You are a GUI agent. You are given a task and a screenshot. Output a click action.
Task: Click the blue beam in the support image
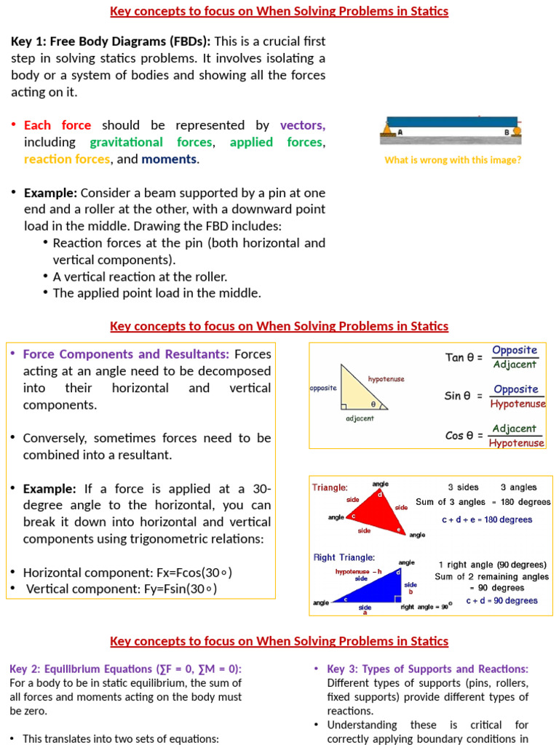tap(451, 121)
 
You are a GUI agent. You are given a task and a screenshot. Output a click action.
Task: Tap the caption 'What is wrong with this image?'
tap(453, 160)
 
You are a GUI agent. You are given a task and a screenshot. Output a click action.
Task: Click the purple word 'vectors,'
tap(302, 125)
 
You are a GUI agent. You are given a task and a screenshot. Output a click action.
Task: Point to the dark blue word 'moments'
tap(169, 159)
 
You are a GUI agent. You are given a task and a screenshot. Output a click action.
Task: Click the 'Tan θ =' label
tap(464, 357)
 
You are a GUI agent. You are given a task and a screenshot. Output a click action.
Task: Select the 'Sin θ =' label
tap(464, 396)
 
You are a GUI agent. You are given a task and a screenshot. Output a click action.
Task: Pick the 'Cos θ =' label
tap(464, 436)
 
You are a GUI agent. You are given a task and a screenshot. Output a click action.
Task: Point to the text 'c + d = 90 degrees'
tap(501, 600)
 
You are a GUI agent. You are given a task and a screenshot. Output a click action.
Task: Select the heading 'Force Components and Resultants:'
tap(126, 354)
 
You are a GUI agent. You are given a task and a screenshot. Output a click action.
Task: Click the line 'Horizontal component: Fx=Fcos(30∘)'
tap(128, 573)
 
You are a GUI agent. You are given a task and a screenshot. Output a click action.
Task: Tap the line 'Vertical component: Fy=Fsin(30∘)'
tap(122, 589)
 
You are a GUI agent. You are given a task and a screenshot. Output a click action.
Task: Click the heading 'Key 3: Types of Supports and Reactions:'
tap(428, 669)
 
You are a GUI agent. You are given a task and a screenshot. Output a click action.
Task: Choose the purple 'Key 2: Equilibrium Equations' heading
tap(125, 669)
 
